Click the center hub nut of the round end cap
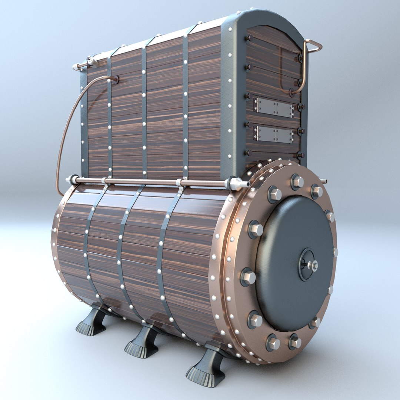click(313, 265)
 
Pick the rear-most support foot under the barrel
click(92, 322)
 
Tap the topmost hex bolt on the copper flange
click(297, 181)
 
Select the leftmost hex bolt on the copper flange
click(248, 277)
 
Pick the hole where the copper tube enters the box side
click(115, 79)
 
